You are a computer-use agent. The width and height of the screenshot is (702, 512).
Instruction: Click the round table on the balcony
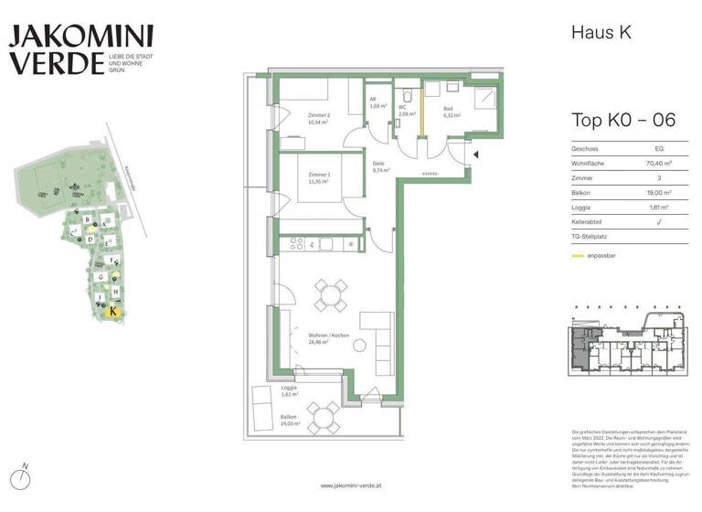click(322, 418)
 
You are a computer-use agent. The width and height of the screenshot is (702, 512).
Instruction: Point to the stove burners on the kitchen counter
click(296, 243)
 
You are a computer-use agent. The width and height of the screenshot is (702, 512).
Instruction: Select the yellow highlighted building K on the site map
click(112, 311)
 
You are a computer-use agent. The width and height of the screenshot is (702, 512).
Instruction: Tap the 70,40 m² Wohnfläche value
click(655, 162)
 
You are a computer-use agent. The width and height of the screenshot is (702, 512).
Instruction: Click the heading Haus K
click(601, 33)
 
